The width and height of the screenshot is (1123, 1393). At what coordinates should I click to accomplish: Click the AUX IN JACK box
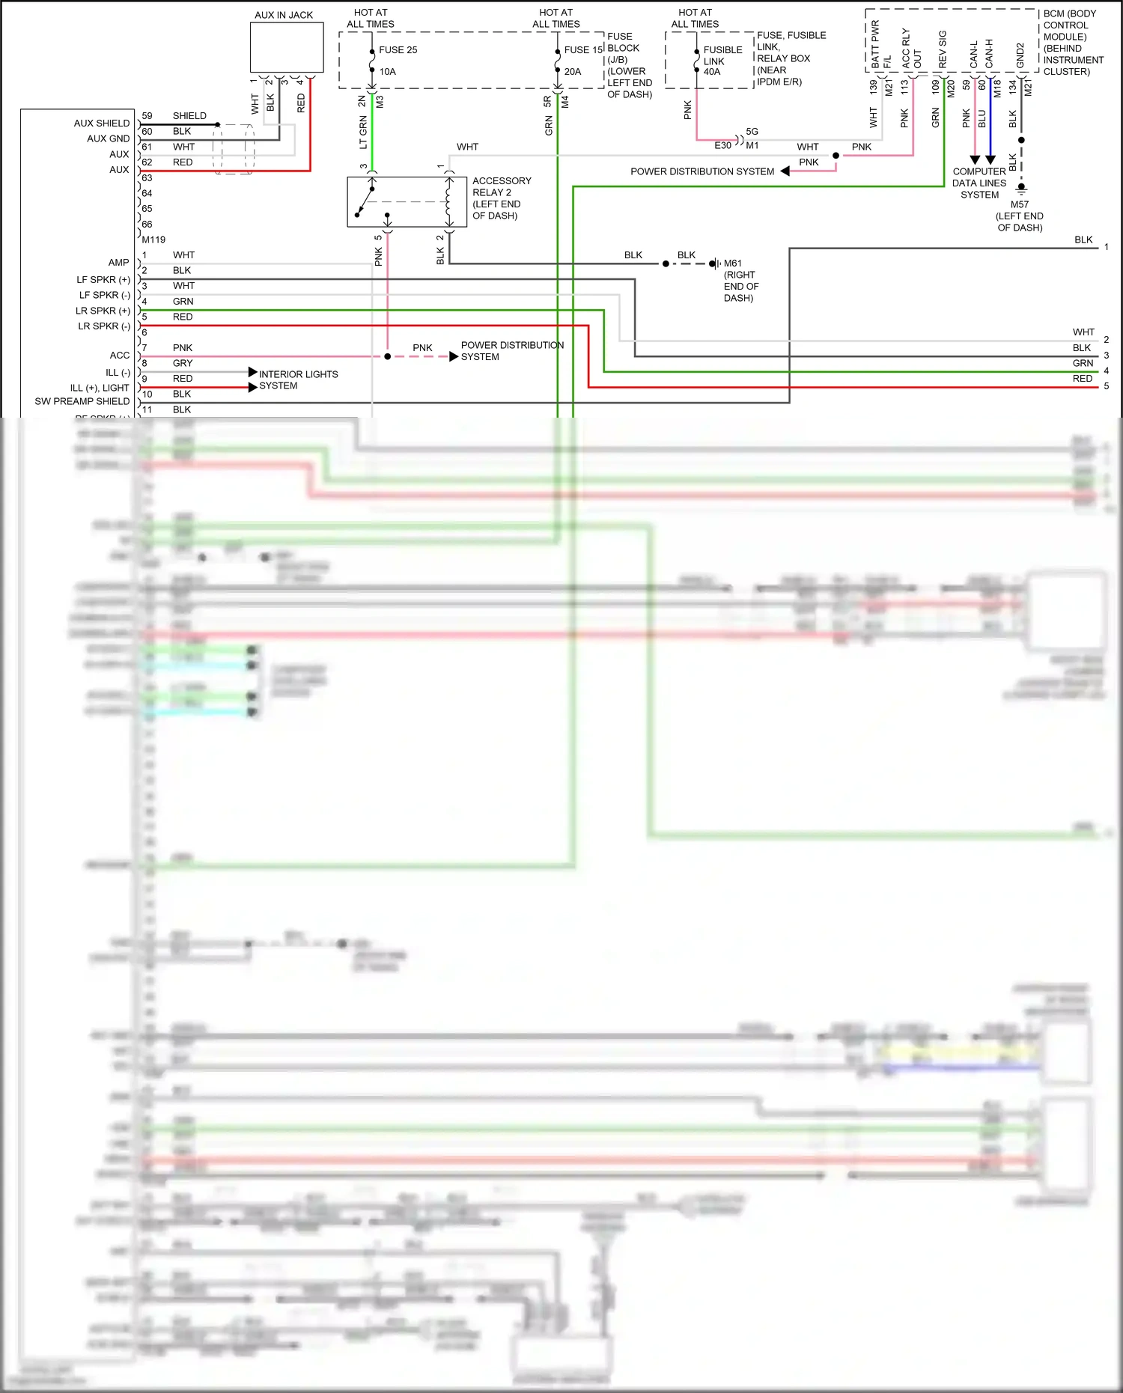pyautogui.click(x=286, y=46)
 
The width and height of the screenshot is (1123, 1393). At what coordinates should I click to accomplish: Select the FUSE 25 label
pyautogui.click(x=398, y=50)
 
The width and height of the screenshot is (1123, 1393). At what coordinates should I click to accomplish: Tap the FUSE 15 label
pyautogui.click(x=583, y=50)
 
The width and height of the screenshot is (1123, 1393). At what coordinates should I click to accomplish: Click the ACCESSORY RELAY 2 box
pyautogui.click(x=397, y=201)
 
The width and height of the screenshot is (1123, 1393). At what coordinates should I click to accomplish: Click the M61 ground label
pyautogui.click(x=732, y=263)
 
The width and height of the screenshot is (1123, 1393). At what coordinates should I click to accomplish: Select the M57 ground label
pyautogui.click(x=1019, y=204)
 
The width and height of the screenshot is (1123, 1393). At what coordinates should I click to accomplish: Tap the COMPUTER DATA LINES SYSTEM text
pyautogui.click(x=979, y=183)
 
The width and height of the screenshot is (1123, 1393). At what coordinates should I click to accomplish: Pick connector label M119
pyautogui.click(x=153, y=240)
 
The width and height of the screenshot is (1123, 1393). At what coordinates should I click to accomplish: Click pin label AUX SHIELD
pyautogui.click(x=102, y=123)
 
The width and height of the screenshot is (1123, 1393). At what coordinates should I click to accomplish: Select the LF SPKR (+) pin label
pyautogui.click(x=103, y=279)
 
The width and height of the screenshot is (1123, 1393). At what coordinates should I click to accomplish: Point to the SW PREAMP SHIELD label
pyautogui.click(x=82, y=401)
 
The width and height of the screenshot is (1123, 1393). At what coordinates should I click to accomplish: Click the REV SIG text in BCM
pyautogui.click(x=943, y=49)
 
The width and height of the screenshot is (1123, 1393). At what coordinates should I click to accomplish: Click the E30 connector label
pyautogui.click(x=722, y=145)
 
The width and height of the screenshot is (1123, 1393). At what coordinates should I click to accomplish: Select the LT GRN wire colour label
pyautogui.click(x=363, y=132)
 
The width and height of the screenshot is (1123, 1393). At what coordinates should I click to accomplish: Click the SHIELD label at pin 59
pyautogui.click(x=189, y=116)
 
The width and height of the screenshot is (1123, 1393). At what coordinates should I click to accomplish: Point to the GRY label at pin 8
pyautogui.click(x=183, y=363)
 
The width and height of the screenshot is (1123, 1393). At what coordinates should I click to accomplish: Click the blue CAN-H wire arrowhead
pyautogui.click(x=990, y=159)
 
